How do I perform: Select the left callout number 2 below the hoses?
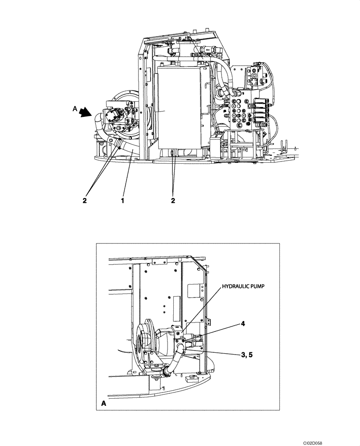pos(84,201)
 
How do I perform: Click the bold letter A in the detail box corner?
pos(104,403)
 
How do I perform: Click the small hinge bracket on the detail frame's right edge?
pos(207,320)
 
